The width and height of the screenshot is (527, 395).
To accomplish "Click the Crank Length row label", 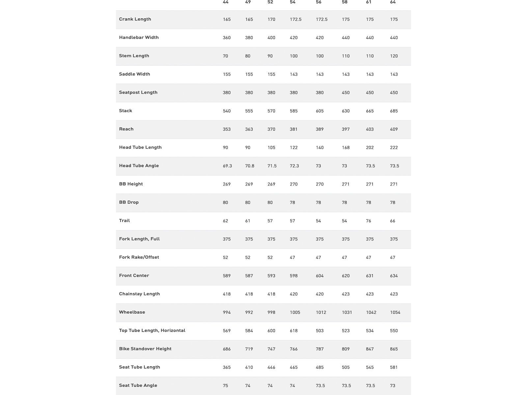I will tap(135, 19).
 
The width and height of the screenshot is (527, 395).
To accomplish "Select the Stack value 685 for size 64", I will tap(394, 111).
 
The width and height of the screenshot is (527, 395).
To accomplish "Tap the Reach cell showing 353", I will tap(227, 129).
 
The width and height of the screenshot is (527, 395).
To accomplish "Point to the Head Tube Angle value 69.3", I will tap(227, 166).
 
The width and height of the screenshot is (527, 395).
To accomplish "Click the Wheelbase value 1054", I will tap(395, 312).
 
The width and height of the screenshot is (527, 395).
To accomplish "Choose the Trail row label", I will tap(125, 221).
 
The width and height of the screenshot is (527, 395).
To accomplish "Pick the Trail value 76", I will tap(369, 221).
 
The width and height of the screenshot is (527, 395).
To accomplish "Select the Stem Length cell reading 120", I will tap(394, 56).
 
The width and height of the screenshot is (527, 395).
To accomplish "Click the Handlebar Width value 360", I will tap(227, 38).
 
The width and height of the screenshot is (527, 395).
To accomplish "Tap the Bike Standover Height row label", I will tap(145, 349).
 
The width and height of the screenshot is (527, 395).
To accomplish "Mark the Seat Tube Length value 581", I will tap(394, 367).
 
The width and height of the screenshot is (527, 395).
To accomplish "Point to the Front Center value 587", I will tap(249, 276).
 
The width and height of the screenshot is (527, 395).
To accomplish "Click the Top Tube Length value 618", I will tap(294, 331).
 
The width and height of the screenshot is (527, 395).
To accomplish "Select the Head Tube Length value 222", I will tap(394, 148).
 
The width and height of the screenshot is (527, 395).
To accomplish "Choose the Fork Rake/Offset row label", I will tap(139, 257).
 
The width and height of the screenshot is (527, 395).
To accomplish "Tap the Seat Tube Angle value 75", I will tap(225, 386).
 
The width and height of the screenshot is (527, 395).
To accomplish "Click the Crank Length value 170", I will tap(271, 19).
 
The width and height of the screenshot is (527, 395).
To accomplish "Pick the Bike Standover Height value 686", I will tap(227, 349).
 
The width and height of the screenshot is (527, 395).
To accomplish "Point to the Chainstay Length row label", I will tap(139, 294).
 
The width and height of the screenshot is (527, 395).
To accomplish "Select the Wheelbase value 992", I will tap(249, 312).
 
